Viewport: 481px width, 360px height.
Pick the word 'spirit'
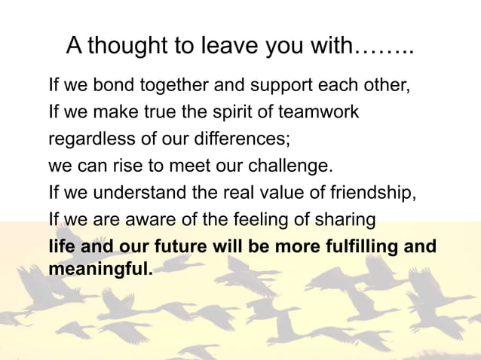click(225, 112)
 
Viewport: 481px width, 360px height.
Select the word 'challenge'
click(291, 166)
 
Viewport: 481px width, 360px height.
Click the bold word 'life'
click(61, 246)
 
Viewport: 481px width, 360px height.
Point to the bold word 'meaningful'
click(100, 267)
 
